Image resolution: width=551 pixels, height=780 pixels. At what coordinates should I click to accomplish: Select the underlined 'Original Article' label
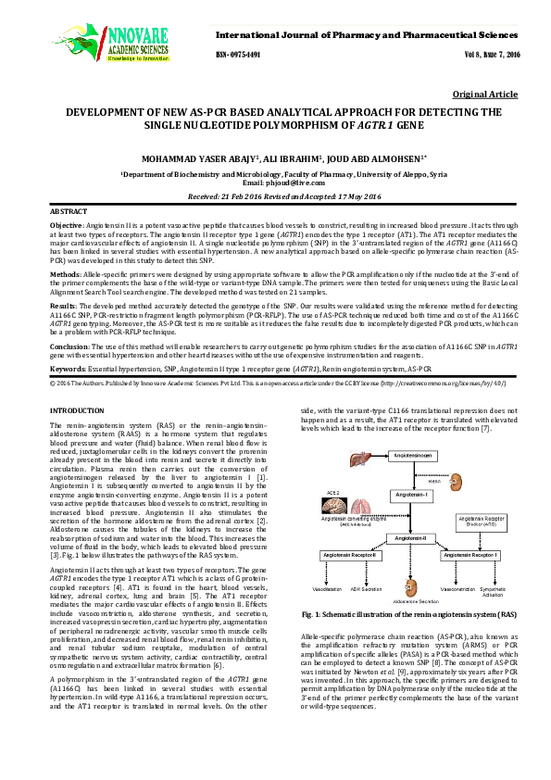(x=485, y=94)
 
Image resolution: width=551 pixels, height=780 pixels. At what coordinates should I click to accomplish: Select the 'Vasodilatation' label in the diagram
(x=326, y=587)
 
